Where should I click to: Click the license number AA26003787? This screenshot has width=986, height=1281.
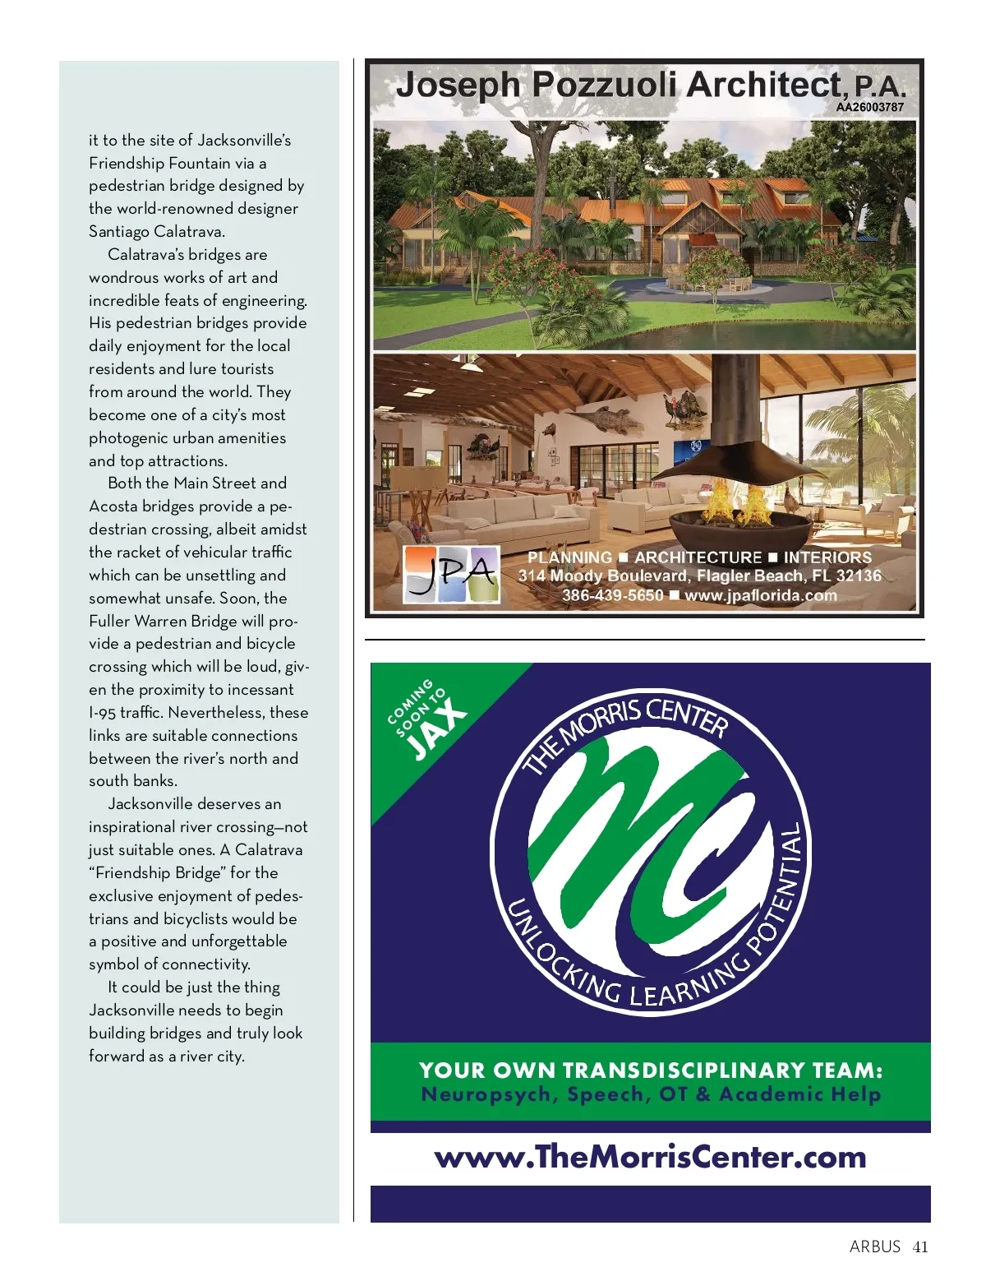tap(870, 107)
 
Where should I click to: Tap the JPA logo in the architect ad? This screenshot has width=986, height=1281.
tap(451, 574)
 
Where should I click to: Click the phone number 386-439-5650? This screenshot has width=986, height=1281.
tap(612, 594)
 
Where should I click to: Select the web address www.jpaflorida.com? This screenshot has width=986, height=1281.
tap(760, 594)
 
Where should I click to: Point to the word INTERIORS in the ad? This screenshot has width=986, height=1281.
tap(827, 557)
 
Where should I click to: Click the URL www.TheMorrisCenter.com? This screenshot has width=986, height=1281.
tap(650, 1157)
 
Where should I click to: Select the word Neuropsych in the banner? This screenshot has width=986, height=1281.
tap(490, 1094)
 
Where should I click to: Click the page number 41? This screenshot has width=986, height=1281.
tap(920, 1246)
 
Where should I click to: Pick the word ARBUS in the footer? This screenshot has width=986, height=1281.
tap(875, 1246)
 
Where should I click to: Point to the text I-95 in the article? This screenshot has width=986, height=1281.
tap(103, 713)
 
